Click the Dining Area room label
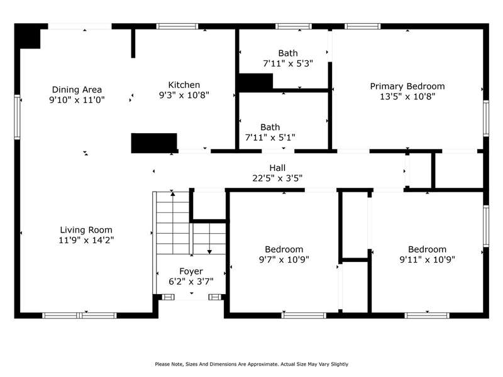tap(77, 89)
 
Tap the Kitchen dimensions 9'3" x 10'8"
tap(184, 95)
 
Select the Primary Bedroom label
tap(407, 86)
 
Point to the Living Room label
tap(86, 230)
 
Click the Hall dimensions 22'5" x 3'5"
tap(277, 178)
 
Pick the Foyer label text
tap(191, 271)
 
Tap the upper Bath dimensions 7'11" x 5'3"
tap(288, 63)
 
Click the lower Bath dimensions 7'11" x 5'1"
tap(270, 138)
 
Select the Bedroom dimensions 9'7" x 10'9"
tap(284, 260)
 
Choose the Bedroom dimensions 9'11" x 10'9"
tap(427, 260)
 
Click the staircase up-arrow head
tap(173, 194)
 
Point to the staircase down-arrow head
tap(209, 252)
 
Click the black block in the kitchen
tap(154, 143)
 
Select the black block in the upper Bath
tap(256, 82)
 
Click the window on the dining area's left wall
tap(17, 117)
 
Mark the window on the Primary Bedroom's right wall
tap(486, 118)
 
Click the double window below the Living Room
tap(80, 315)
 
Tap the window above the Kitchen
tap(177, 26)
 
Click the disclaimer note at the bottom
tap(251, 364)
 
